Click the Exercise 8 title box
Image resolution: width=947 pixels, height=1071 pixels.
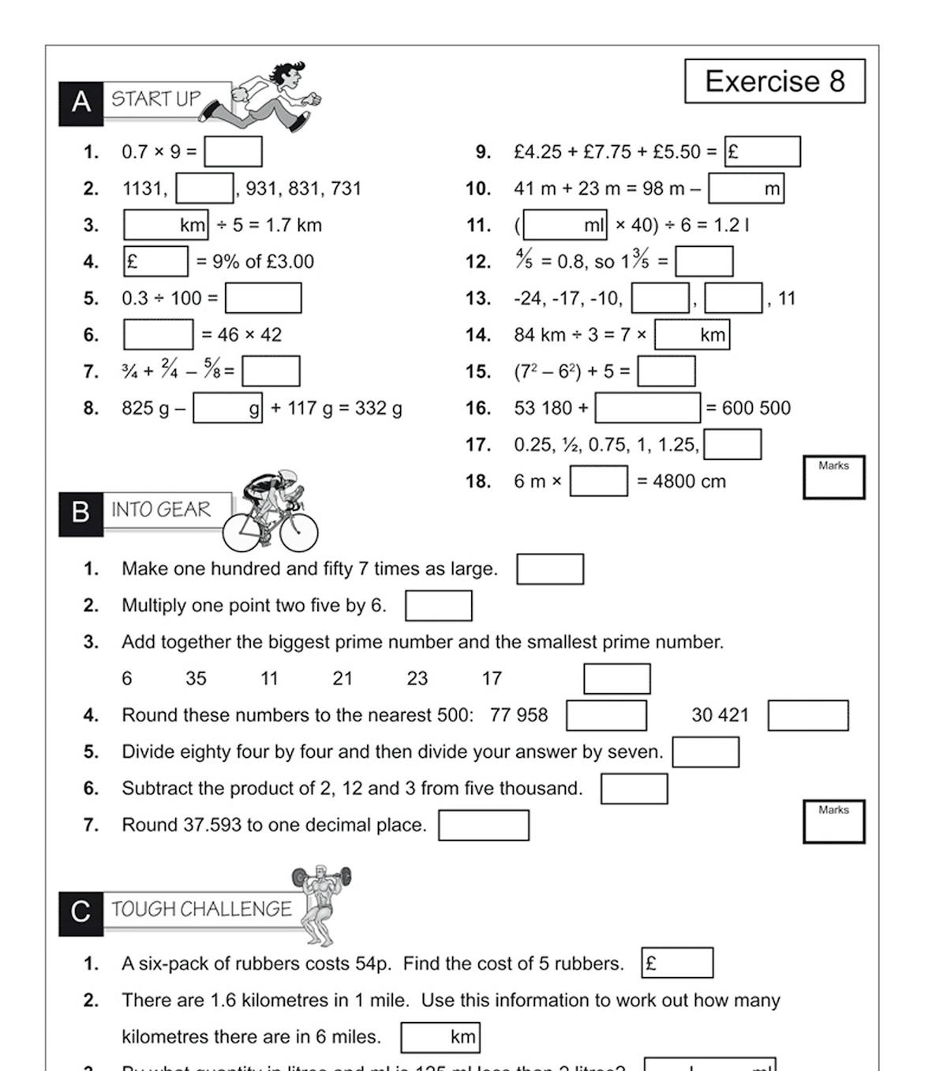(x=774, y=81)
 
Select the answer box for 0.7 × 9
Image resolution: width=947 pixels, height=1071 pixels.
(x=233, y=151)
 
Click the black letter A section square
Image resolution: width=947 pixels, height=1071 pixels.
(x=80, y=103)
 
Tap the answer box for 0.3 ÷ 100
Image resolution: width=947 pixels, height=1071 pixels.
(x=263, y=298)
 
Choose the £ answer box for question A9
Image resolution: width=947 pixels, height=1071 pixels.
(x=762, y=151)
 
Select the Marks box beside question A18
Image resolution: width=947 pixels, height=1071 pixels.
(x=833, y=477)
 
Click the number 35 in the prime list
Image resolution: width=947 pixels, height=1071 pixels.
(x=196, y=678)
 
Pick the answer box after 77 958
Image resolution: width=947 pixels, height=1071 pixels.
(x=606, y=715)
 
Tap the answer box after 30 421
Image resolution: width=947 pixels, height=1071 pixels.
(x=807, y=715)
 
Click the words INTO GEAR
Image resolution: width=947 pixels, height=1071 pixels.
(x=161, y=510)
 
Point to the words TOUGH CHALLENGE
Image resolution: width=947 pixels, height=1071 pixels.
(x=201, y=909)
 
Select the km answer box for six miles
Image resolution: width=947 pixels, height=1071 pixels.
(x=440, y=1037)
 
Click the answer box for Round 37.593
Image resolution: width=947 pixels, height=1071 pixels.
(x=483, y=826)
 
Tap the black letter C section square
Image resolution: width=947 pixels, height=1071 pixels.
(x=80, y=913)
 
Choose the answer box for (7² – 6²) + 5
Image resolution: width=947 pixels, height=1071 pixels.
(x=666, y=371)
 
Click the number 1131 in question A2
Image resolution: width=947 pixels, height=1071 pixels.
(x=144, y=188)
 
